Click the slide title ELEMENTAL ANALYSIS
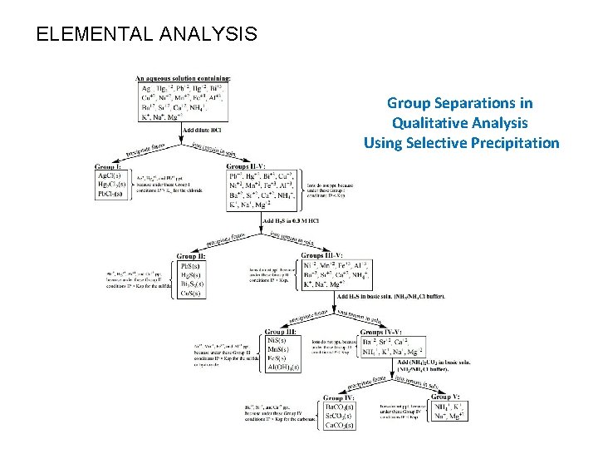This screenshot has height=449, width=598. pyautogui.click(x=147, y=34)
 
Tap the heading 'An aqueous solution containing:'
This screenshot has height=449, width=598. pyautogui.click(x=183, y=79)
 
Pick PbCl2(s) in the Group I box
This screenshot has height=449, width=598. pyautogui.click(x=111, y=194)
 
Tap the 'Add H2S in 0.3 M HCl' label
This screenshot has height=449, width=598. pyautogui.click(x=291, y=220)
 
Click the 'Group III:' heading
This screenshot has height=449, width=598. pyautogui.click(x=280, y=332)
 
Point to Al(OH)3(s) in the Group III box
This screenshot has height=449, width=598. pyautogui.click(x=283, y=367)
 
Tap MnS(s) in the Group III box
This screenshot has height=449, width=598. pyautogui.click(x=277, y=349)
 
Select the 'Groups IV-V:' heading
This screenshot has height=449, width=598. pyautogui.click(x=385, y=332)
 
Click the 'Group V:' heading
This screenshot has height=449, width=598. pyautogui.click(x=447, y=397)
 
